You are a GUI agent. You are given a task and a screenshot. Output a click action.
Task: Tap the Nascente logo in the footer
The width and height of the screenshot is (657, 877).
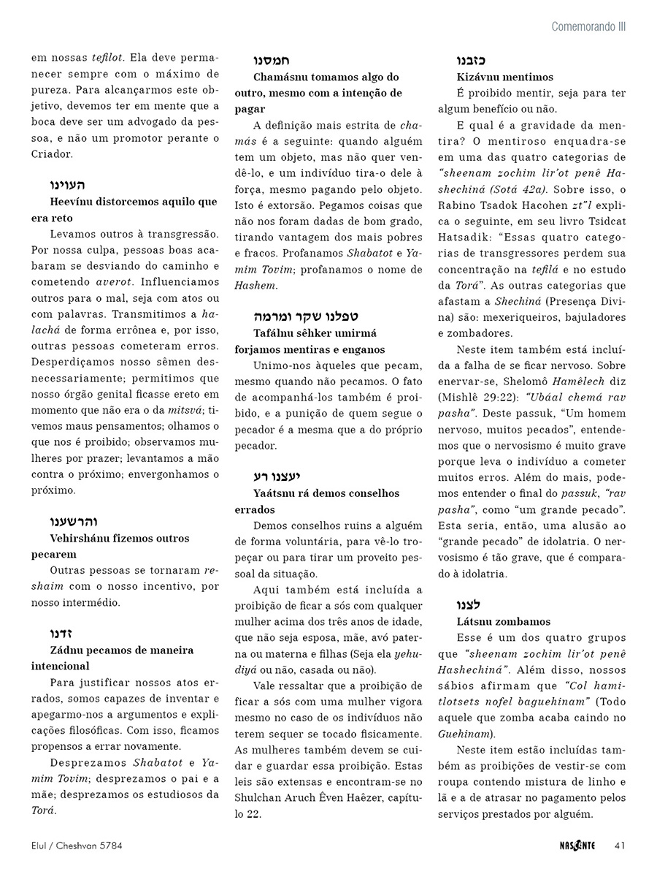click(x=574, y=846)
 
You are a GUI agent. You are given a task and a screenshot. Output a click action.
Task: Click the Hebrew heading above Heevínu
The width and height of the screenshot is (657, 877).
click(x=67, y=185)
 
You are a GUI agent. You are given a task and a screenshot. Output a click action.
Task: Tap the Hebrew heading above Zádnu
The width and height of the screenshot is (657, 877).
click(x=61, y=633)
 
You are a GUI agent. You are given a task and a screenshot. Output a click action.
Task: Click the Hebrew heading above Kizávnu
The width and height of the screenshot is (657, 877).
click(x=471, y=60)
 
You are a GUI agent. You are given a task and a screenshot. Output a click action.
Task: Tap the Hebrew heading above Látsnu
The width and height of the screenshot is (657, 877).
click(x=468, y=604)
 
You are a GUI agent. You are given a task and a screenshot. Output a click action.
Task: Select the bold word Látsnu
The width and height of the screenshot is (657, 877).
click(x=475, y=621)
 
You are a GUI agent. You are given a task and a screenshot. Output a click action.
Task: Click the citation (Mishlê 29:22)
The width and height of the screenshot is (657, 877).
click(x=491, y=397)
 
